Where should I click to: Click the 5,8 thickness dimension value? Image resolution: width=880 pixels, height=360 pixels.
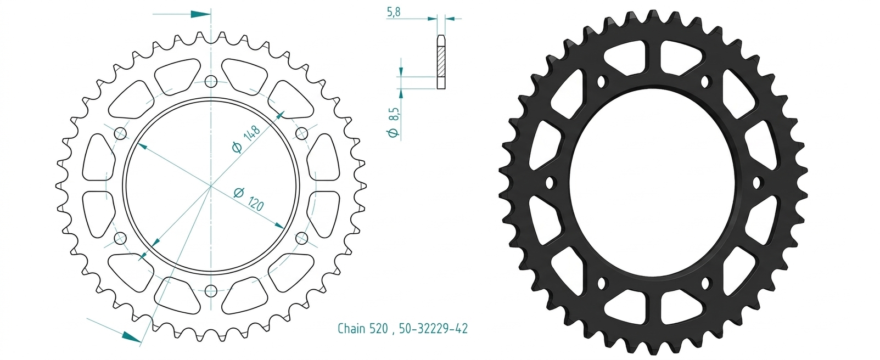tap(394, 12)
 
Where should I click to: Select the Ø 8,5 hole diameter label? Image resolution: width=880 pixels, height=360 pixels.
tap(394, 122)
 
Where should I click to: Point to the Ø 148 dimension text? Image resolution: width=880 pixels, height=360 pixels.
tap(246, 139)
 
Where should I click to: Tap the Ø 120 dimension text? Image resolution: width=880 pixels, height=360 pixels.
tap(249, 199)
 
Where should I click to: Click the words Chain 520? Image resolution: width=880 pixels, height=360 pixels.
tap(363, 328)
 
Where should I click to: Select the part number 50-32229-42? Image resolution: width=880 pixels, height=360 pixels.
tap(433, 328)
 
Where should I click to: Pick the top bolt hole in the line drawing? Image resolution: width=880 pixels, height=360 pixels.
tap(211, 82)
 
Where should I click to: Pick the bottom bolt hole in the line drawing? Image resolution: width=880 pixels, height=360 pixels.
tap(211, 291)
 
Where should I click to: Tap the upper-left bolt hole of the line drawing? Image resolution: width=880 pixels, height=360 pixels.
tap(120, 134)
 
